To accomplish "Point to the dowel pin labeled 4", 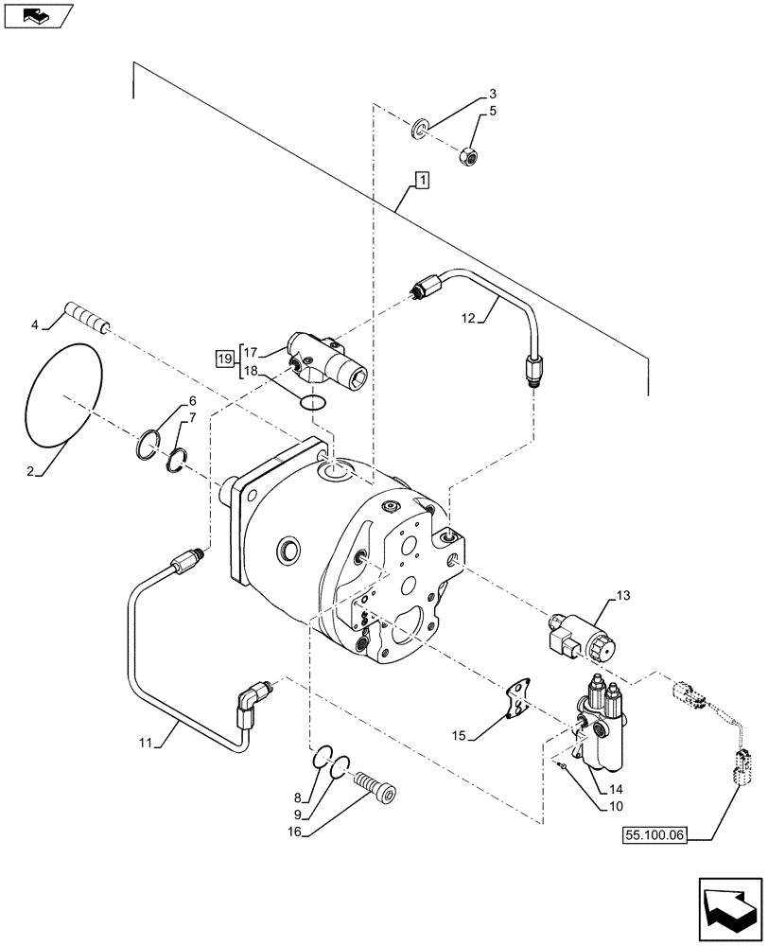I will [87, 316].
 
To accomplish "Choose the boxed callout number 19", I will [223, 359].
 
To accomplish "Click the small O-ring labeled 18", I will [313, 404].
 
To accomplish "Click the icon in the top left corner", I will [35, 16].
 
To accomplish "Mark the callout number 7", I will [192, 417].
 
